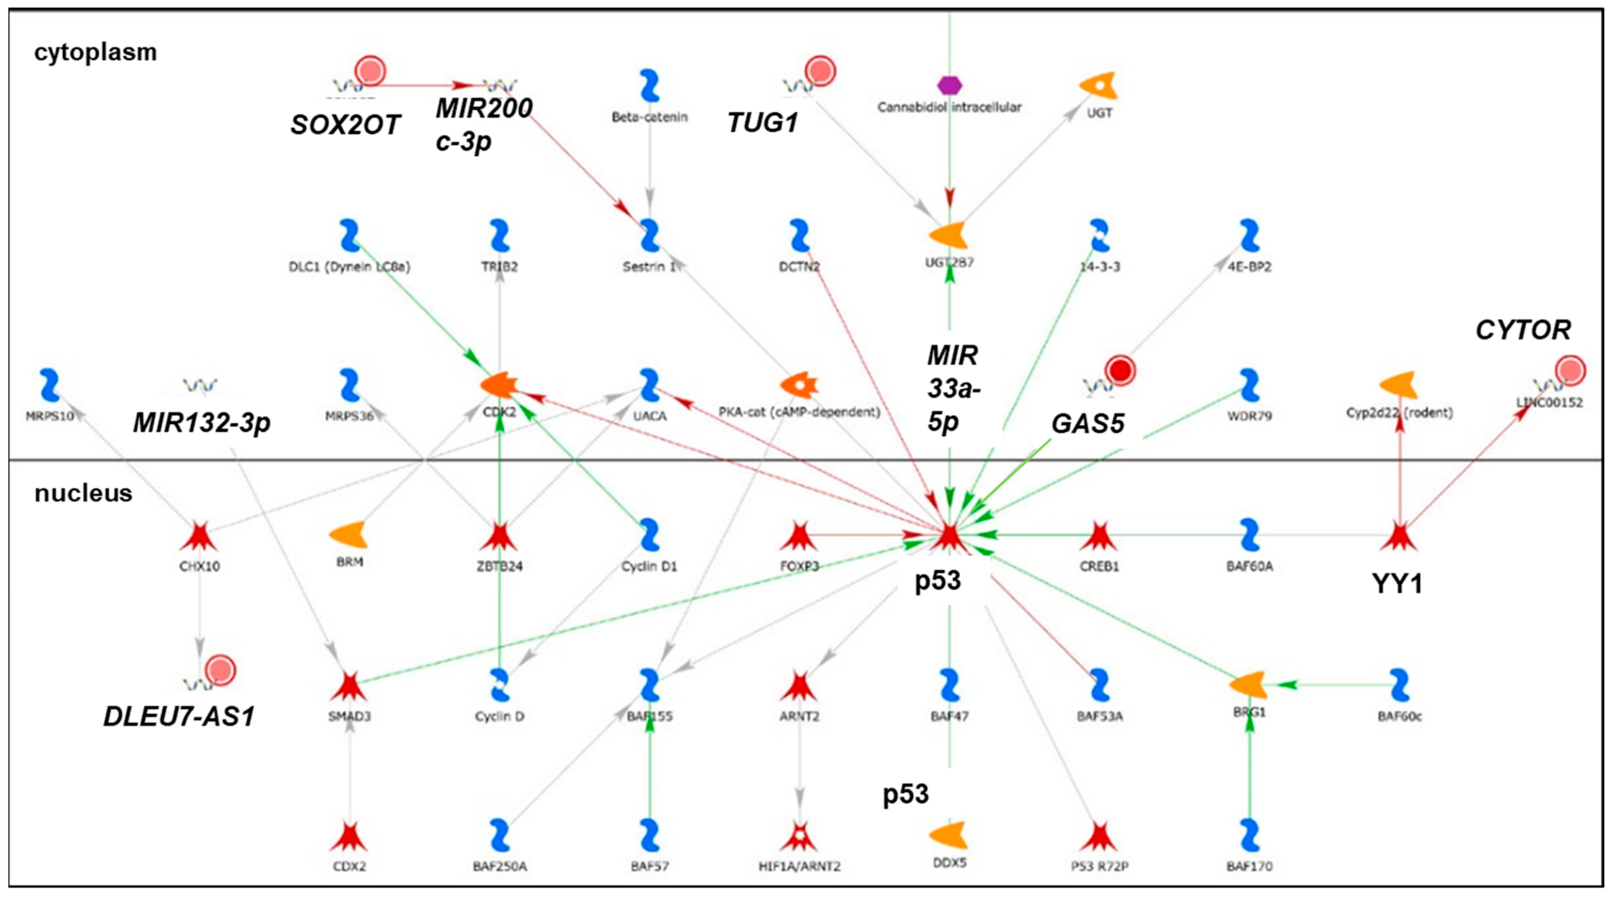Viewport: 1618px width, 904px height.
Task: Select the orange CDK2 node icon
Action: [x=499, y=385]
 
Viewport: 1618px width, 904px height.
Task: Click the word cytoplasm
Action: [x=96, y=52]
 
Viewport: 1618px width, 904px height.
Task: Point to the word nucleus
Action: [x=83, y=493]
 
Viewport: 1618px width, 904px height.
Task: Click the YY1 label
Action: [x=1397, y=584]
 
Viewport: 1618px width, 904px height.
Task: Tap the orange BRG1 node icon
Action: [x=1248, y=685]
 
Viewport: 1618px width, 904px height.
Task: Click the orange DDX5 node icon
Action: [x=948, y=835]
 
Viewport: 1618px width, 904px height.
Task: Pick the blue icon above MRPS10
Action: [x=50, y=385]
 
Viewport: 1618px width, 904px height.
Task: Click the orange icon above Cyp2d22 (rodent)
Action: [x=1399, y=385]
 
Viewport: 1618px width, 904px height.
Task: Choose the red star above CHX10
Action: [x=199, y=535]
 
